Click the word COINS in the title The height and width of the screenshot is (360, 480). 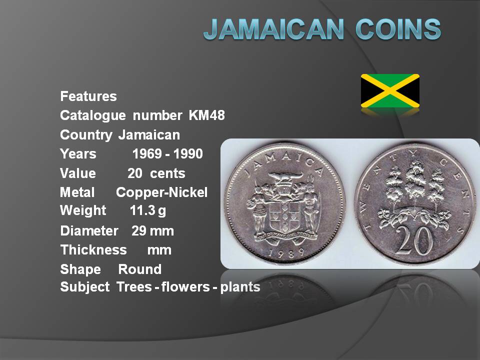[398, 29]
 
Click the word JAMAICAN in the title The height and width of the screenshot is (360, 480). [273, 29]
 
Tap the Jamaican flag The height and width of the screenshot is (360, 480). [390, 90]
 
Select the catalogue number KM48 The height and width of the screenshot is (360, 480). [206, 115]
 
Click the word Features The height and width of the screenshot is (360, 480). [88, 96]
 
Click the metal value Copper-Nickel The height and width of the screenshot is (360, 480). [161, 192]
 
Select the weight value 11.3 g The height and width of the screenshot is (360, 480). [148, 210]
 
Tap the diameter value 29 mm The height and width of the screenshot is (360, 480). [152, 231]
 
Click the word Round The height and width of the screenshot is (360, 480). [139, 269]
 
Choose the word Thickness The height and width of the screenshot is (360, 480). [93, 250]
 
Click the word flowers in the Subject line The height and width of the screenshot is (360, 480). [185, 287]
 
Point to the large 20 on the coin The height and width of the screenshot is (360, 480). [414, 239]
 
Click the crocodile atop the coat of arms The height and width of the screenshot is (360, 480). [285, 176]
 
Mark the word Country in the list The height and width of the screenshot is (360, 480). [86, 135]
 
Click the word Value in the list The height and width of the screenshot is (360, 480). [78, 173]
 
